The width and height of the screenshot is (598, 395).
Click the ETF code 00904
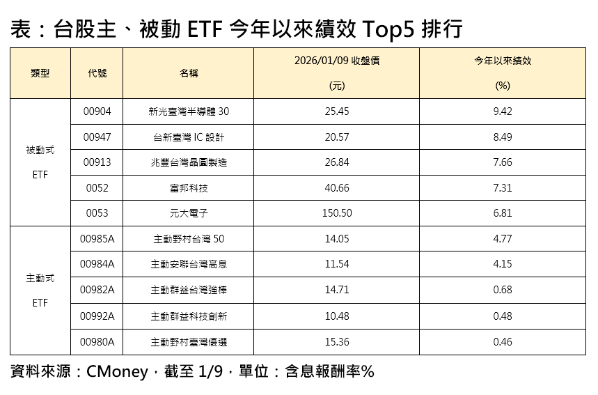(97, 111)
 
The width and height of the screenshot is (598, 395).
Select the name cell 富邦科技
(189, 188)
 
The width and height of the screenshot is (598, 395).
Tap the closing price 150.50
(337, 214)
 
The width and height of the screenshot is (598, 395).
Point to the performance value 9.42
(502, 111)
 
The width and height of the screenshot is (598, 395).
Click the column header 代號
(97, 73)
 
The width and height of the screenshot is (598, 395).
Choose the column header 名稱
(189, 73)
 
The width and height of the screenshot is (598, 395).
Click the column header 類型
(40, 73)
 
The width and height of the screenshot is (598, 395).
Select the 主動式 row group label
(40, 278)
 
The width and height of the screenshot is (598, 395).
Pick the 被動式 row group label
(40, 150)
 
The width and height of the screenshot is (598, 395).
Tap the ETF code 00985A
(97, 239)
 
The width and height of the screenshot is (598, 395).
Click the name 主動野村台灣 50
(189, 239)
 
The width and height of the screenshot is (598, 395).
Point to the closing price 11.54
(337, 265)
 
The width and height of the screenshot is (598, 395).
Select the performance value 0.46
(502, 341)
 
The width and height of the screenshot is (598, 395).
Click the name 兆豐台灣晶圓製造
(189, 162)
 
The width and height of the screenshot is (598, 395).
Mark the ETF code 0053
(97, 214)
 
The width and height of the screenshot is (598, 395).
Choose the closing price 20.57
(337, 137)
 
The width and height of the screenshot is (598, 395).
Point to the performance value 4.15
(502, 265)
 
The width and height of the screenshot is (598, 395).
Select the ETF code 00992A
(97, 316)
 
